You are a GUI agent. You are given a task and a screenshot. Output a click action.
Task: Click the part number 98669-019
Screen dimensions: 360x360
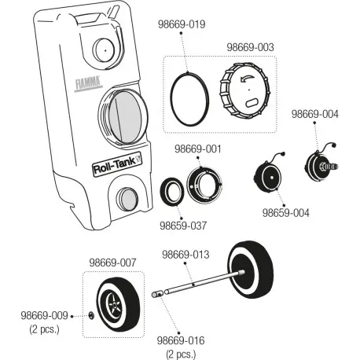coord(182,24)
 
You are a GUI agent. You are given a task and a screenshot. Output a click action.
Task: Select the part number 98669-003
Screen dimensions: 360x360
coord(250,47)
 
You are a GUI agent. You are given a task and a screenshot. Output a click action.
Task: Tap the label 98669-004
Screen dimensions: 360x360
coord(315,114)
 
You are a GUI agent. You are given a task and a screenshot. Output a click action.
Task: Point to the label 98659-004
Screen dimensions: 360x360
coord(286,213)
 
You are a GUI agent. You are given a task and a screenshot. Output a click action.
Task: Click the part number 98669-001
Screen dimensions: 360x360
coord(198,149)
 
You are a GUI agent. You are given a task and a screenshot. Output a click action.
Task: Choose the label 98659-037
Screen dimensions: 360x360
coord(183,226)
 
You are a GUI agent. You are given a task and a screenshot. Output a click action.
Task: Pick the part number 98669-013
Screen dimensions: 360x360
coord(186,255)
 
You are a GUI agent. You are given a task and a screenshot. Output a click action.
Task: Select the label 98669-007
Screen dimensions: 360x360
coord(112,263)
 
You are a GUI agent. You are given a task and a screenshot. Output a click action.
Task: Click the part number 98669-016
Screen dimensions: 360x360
coord(181,340)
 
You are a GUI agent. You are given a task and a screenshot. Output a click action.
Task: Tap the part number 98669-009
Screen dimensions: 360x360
coord(44,315)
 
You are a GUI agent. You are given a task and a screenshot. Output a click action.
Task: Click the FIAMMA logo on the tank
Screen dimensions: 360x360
coord(88,83)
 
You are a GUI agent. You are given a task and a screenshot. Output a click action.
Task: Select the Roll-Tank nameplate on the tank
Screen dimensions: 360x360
coord(117,164)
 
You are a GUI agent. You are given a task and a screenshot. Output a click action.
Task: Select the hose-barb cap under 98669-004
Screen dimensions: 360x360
coord(321,163)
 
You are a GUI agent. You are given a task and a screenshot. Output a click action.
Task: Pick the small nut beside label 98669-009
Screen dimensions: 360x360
coord(91,315)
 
